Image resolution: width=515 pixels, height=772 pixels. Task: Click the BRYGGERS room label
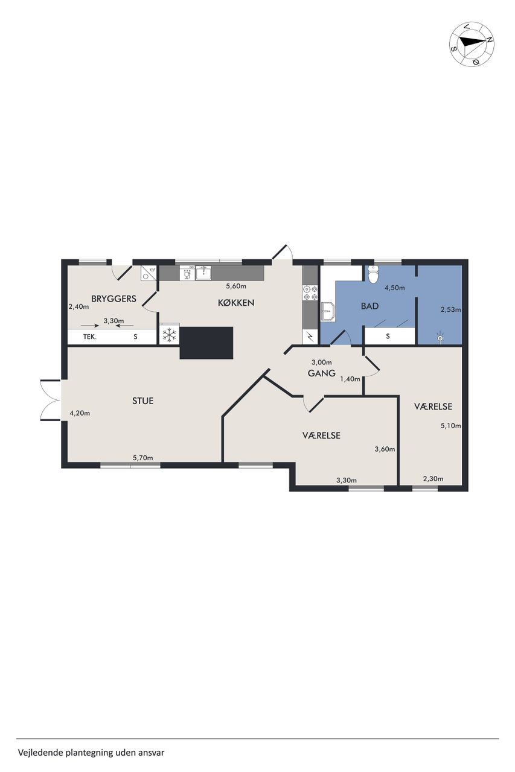click(114, 299)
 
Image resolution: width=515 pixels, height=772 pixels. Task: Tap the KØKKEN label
click(236, 303)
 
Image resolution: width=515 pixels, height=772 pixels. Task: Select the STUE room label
click(143, 400)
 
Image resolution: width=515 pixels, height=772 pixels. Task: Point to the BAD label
click(369, 306)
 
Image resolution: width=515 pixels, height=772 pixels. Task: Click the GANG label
click(322, 373)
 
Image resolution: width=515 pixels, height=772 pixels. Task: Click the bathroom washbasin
click(328, 312)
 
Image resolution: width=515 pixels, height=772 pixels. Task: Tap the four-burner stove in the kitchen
click(310, 293)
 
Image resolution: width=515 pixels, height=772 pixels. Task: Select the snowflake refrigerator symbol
click(170, 334)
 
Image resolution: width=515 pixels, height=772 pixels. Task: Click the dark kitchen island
click(206, 343)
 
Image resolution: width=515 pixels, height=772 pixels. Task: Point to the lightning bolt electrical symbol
click(310, 337)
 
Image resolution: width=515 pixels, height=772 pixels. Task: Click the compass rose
click(472, 43)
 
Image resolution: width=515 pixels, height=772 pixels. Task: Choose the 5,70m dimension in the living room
click(143, 458)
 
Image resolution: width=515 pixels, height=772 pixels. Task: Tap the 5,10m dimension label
click(450, 425)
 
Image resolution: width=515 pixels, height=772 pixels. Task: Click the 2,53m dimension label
click(450, 309)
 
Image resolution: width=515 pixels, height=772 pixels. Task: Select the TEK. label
click(90, 337)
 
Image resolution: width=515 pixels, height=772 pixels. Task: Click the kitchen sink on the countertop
click(204, 273)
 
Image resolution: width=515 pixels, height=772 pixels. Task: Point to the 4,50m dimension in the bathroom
click(395, 288)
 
